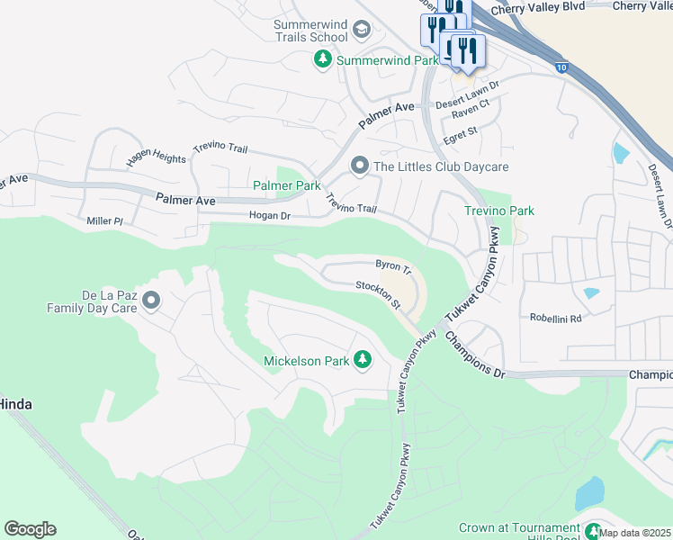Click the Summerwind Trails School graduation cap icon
[362, 31]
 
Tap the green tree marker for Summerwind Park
[323, 59]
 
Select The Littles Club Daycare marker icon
[359, 166]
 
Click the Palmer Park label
[286, 185]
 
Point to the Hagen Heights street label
[157, 157]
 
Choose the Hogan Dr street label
[269, 216]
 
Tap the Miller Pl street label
[105, 221]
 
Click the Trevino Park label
[498, 211]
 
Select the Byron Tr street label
[392, 266]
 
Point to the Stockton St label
[378, 294]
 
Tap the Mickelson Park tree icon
[363, 360]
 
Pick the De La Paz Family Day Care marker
[150, 300]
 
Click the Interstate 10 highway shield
[561, 67]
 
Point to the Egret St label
[459, 131]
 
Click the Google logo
[30, 529]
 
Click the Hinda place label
[16, 405]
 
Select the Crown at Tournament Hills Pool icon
[593, 529]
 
